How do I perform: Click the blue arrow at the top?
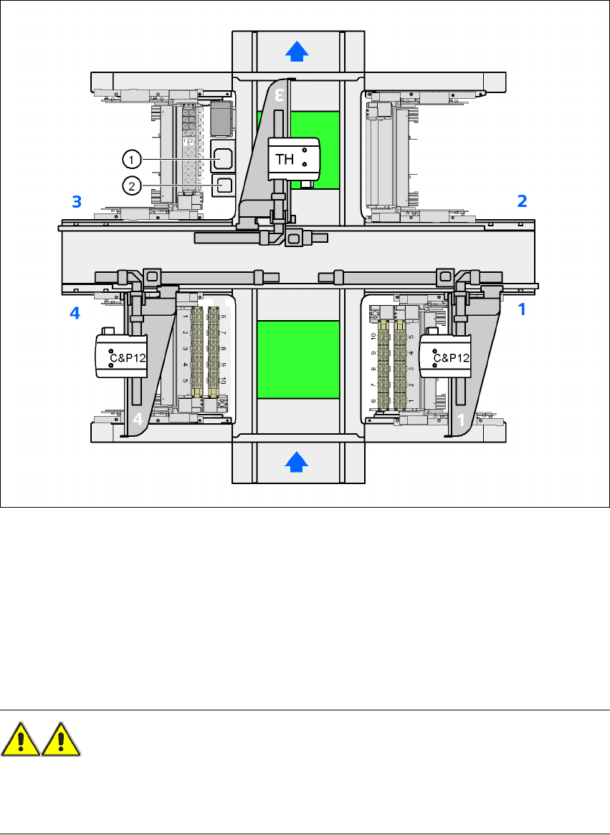(x=298, y=51)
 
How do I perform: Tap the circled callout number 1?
(x=130, y=158)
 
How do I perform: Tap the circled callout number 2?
(x=130, y=185)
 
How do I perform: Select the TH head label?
(x=285, y=159)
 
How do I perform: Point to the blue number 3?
(x=77, y=202)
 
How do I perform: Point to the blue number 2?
(x=522, y=202)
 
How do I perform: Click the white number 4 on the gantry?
(x=137, y=419)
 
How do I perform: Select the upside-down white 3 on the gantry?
(x=281, y=94)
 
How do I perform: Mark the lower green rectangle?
(x=297, y=359)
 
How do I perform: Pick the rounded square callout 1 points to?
(x=224, y=158)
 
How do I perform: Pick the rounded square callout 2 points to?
(x=224, y=185)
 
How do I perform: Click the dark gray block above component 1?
(x=221, y=117)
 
